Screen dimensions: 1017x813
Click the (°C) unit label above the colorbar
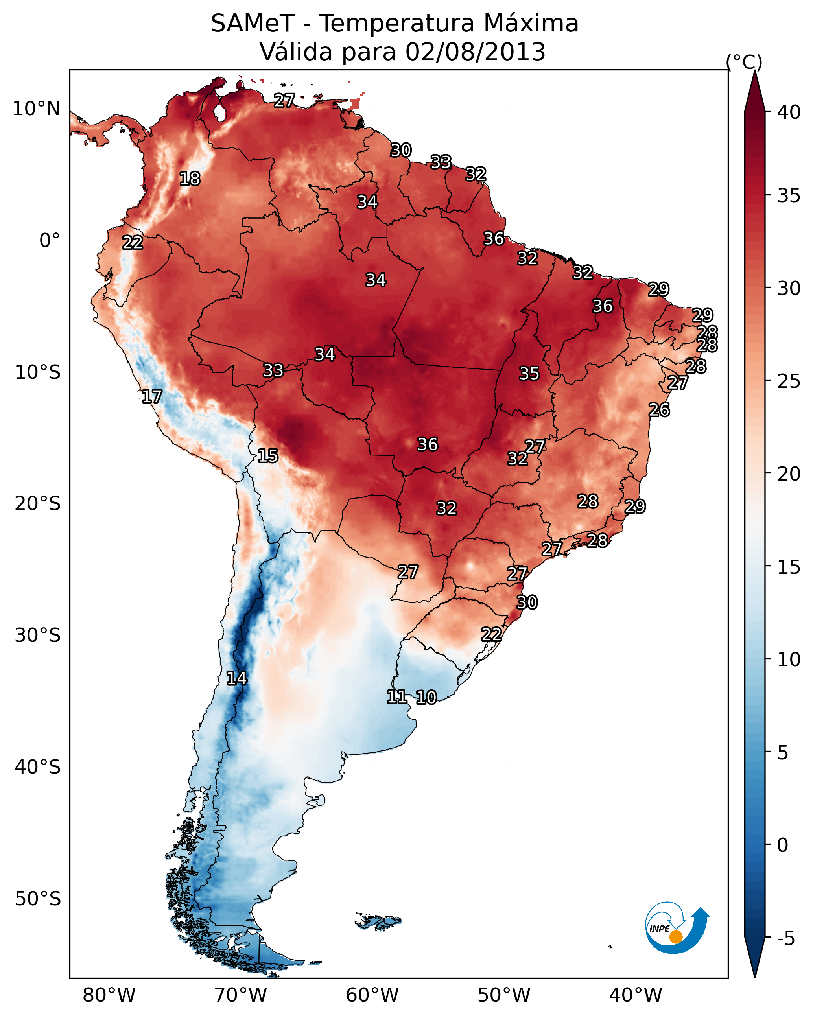click(x=744, y=62)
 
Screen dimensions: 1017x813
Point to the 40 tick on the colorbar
click(x=789, y=112)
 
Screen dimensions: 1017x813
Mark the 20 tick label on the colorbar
click(x=789, y=473)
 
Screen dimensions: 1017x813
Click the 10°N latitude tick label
click(x=36, y=109)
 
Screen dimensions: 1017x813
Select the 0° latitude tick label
click(x=50, y=241)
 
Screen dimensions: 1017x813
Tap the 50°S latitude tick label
click(x=38, y=899)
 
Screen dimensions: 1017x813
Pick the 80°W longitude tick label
click(x=109, y=995)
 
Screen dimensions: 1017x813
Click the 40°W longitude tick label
click(x=636, y=995)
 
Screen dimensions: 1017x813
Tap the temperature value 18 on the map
click(x=190, y=179)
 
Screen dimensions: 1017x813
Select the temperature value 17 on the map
click(x=152, y=397)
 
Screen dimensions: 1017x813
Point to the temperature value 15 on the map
click(x=268, y=456)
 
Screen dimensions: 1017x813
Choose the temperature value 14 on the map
click(x=236, y=678)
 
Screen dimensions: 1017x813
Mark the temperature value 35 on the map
click(x=529, y=374)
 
